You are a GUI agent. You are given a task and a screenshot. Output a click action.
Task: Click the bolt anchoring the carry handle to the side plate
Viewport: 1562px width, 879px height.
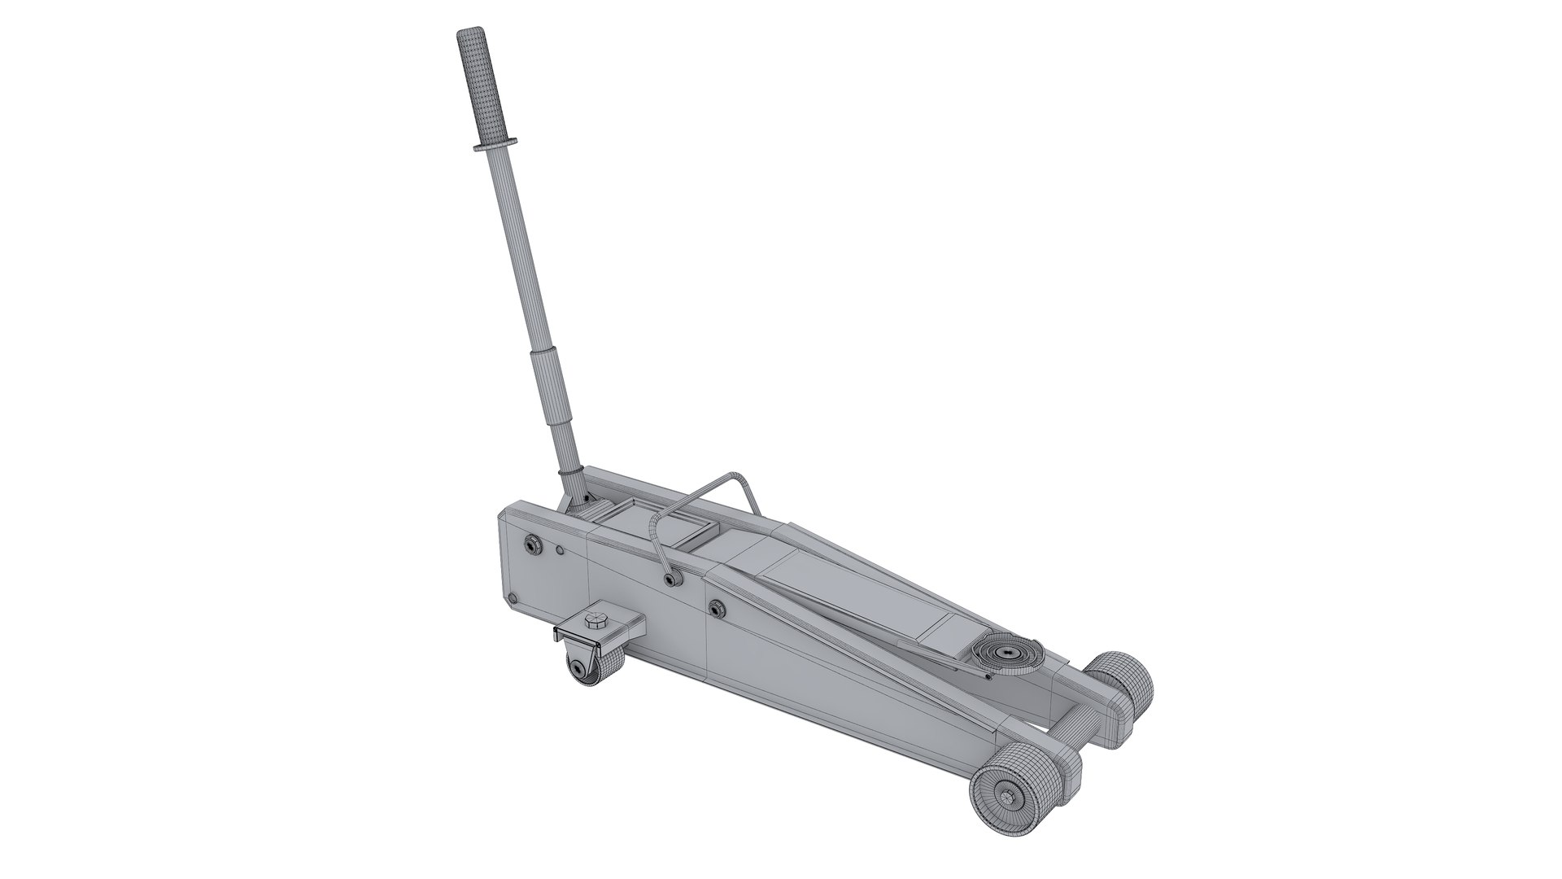click(670, 579)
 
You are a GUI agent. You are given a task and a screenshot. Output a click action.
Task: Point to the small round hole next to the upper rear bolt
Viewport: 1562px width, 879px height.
click(560, 551)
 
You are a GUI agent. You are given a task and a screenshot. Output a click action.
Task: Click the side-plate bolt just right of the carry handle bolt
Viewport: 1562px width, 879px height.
click(716, 606)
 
